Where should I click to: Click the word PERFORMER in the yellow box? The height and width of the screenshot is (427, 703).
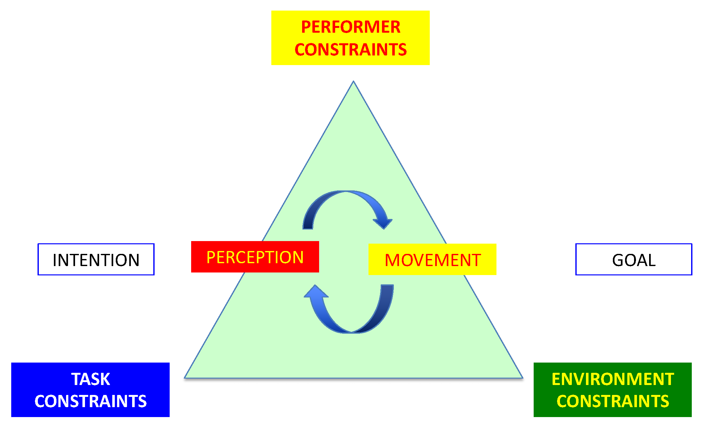tap(351, 27)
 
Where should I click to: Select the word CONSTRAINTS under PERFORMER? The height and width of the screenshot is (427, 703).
tap(351, 50)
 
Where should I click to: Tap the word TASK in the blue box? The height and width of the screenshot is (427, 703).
tap(90, 379)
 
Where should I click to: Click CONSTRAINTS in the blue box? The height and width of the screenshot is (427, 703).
tap(90, 401)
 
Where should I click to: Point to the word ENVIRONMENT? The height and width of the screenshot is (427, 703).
tap(613, 379)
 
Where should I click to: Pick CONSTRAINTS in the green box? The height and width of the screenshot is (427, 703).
tap(613, 401)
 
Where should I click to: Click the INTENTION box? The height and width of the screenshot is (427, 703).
tap(96, 259)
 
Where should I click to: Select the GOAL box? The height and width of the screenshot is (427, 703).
tap(633, 259)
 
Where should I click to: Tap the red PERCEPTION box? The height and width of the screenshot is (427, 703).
tap(255, 257)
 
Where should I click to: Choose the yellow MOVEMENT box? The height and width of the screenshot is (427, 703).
tap(432, 259)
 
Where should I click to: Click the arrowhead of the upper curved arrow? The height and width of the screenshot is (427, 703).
tap(383, 223)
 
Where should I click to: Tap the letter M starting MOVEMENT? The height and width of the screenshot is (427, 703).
tap(392, 260)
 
